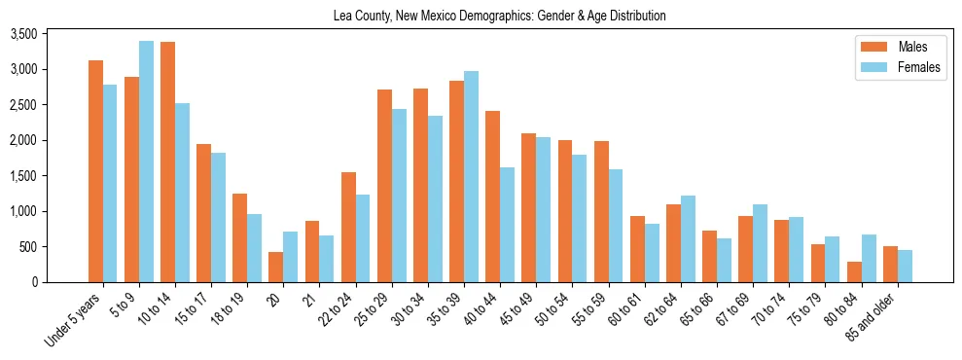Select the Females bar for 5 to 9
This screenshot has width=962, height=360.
click(x=146, y=162)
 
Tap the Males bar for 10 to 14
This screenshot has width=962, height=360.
click(x=167, y=162)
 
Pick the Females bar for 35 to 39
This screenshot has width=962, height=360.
click(x=471, y=176)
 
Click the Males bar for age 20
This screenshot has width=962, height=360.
click(x=275, y=267)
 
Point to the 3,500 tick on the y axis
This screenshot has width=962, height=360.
click(x=51, y=34)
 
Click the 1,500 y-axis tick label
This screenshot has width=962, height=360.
click(x=51, y=176)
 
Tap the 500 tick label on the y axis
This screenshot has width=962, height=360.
click(x=56, y=247)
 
